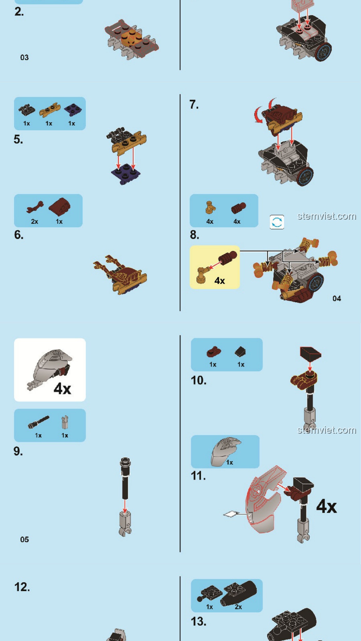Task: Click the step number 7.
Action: tap(194, 104)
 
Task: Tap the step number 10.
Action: tap(199, 380)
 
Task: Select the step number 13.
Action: tap(199, 621)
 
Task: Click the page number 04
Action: tap(337, 298)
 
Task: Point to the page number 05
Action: tap(24, 540)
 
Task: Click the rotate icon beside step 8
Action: tap(277, 222)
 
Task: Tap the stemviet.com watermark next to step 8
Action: tap(327, 216)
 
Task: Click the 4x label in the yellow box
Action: tap(220, 280)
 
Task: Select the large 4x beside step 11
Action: tap(327, 506)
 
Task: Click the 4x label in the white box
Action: tap(63, 389)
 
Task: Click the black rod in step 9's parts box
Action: tap(38, 422)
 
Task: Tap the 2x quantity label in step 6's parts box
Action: tap(34, 221)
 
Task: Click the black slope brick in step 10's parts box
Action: tap(240, 352)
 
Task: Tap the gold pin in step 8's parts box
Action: tap(210, 207)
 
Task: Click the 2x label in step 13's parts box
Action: tap(238, 607)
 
